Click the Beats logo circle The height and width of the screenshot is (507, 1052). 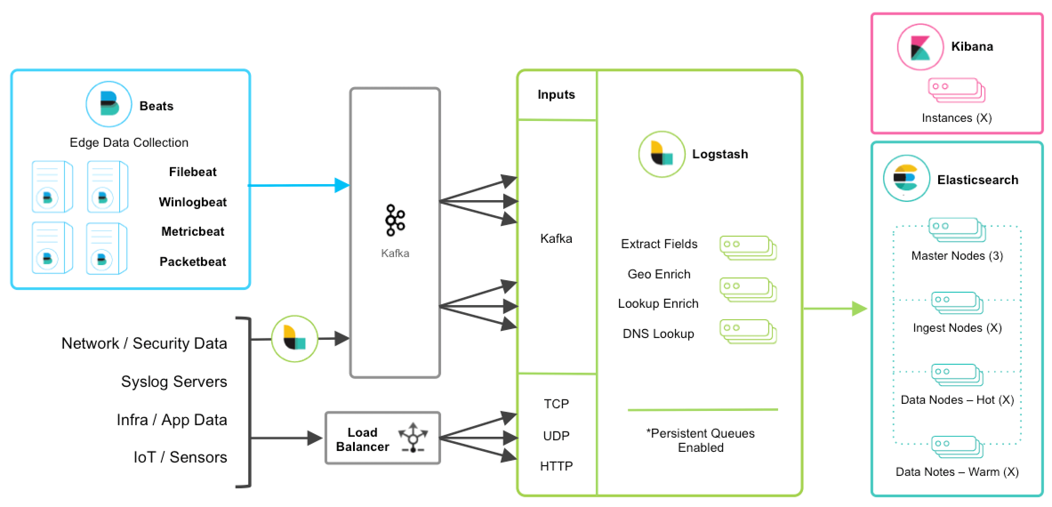pyautogui.click(x=108, y=104)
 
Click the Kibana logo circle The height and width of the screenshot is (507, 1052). pyautogui.click(x=920, y=47)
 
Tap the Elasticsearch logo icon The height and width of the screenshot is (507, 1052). pyautogui.click(x=906, y=178)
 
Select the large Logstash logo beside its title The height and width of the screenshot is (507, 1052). pyautogui.click(x=661, y=154)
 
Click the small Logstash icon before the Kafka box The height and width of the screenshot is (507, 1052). pyautogui.click(x=294, y=339)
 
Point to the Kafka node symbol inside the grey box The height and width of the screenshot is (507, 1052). pyautogui.click(x=395, y=220)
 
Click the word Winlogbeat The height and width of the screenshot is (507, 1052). pyautogui.click(x=193, y=202)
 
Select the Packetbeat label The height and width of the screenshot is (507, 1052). pyautogui.click(x=193, y=262)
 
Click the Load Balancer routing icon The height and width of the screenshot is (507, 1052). pyautogui.click(x=413, y=437)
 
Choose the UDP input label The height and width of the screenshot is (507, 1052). pyautogui.click(x=556, y=435)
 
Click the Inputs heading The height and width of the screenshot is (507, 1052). pyautogui.click(x=556, y=94)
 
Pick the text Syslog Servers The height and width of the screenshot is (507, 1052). pyautogui.click(x=174, y=382)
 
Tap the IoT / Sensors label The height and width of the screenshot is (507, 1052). pyautogui.click(x=180, y=457)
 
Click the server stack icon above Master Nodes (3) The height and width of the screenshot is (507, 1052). pyautogui.click(x=956, y=229)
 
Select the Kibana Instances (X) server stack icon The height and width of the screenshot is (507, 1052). pyautogui.click(x=956, y=90)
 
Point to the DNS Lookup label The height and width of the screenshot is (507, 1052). pyautogui.click(x=658, y=334)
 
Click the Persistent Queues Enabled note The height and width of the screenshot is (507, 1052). pyautogui.click(x=700, y=440)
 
